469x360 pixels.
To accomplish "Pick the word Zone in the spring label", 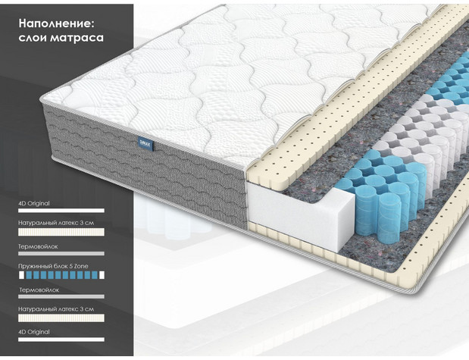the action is click(81, 266).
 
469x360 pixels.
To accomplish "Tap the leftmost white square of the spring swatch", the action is click(21, 275).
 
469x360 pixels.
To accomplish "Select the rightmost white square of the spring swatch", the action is click(102, 275).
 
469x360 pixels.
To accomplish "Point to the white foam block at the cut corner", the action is click(300, 214).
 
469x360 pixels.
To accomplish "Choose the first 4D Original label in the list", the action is click(34, 203).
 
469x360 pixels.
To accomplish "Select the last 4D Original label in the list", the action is click(34, 332).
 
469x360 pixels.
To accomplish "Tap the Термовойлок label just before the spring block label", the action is click(38, 247).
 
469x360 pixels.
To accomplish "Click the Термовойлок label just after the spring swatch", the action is click(39, 290).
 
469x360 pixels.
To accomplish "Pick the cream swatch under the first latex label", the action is click(61, 232).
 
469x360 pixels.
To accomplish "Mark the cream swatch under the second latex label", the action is click(61, 318).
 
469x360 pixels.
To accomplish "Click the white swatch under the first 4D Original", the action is click(61, 211).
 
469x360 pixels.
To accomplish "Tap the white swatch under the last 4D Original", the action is click(61, 340).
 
